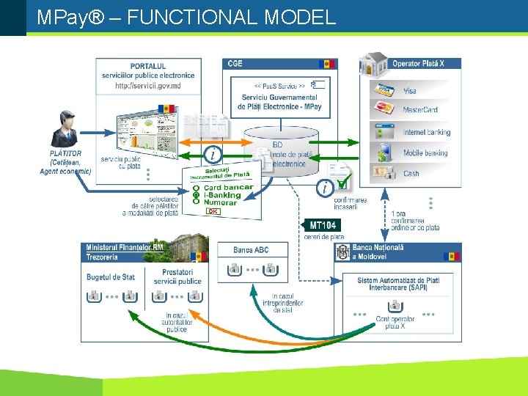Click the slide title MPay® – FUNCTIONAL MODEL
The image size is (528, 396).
[x=186, y=17]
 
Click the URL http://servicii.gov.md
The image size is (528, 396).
[x=148, y=86]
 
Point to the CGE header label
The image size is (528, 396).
[x=235, y=64]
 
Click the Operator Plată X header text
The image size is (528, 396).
[x=418, y=64]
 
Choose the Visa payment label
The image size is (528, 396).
[x=409, y=91]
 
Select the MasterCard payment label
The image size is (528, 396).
[x=420, y=110]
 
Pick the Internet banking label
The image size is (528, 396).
[x=427, y=133]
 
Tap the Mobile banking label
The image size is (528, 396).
[x=425, y=153]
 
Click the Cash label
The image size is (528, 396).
[x=411, y=174]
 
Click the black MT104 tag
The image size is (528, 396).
[x=323, y=225]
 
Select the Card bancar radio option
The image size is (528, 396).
[x=228, y=188]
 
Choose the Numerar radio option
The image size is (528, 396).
[x=220, y=203]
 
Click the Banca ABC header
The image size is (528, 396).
[x=251, y=250]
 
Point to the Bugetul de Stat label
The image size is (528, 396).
[x=111, y=277]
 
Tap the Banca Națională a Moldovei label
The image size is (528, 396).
[x=378, y=252]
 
